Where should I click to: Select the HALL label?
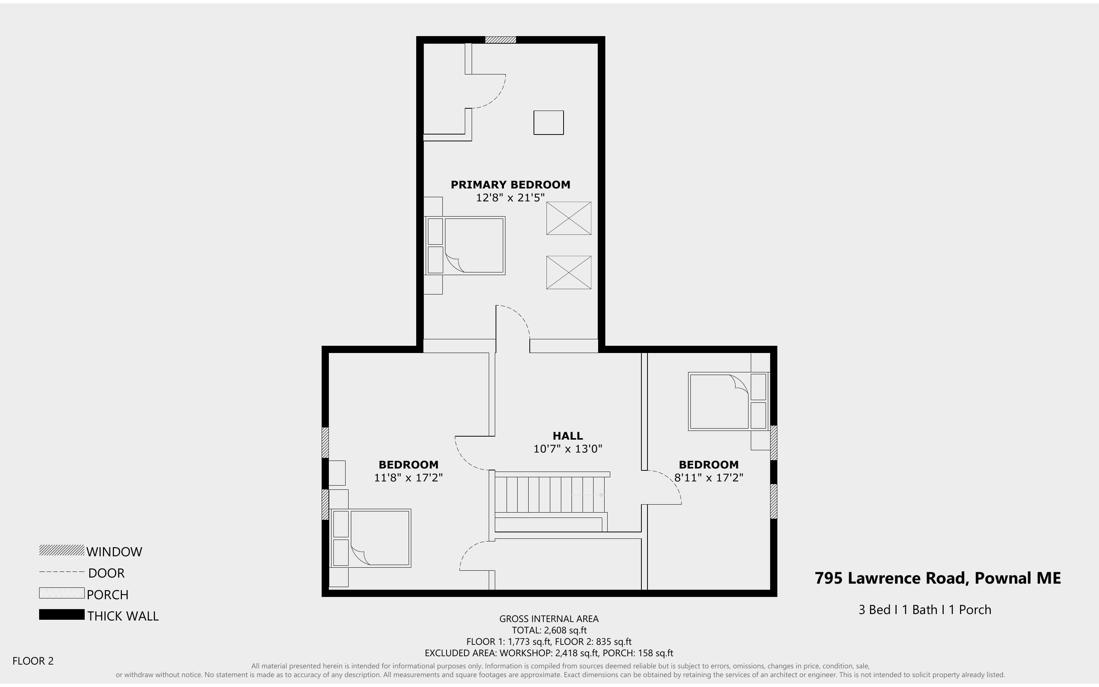567,436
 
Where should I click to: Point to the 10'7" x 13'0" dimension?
567,449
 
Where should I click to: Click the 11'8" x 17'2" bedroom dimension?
408,478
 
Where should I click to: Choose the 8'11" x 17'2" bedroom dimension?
708,478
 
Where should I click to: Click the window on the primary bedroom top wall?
500,40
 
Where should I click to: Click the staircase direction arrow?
588,495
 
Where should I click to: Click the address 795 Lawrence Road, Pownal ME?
937,578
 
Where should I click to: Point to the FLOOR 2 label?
33,661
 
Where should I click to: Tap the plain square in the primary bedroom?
548,123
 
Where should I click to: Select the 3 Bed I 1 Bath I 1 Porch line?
924,610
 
